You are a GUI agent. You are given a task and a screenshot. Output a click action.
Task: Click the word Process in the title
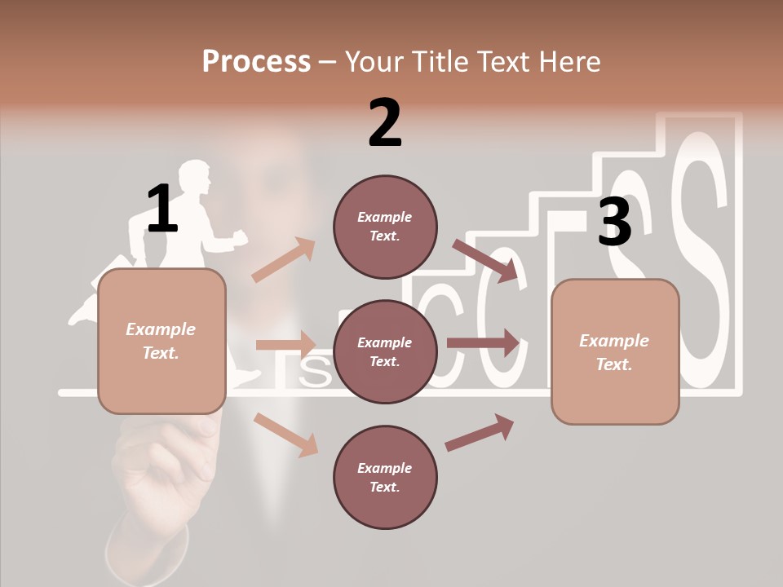pos(256,61)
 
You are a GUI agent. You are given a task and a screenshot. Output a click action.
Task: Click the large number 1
pos(162,209)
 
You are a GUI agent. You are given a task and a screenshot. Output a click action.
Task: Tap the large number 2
pos(385,123)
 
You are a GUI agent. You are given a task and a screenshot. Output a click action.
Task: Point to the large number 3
pos(614,222)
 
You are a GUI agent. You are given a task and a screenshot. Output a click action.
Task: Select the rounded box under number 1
pos(161,341)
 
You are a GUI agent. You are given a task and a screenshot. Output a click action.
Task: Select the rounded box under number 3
pos(615,351)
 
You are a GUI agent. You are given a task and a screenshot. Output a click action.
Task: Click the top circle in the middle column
pos(385,227)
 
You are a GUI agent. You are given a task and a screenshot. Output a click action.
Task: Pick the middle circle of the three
pos(385,351)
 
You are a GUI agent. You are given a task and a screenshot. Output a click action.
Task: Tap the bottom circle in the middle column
pos(385,477)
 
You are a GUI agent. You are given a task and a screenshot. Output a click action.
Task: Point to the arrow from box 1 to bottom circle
pos(285,434)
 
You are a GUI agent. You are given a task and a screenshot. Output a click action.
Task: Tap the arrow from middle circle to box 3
pos(483,343)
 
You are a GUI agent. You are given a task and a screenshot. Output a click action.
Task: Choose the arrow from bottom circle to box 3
pos(480,432)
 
